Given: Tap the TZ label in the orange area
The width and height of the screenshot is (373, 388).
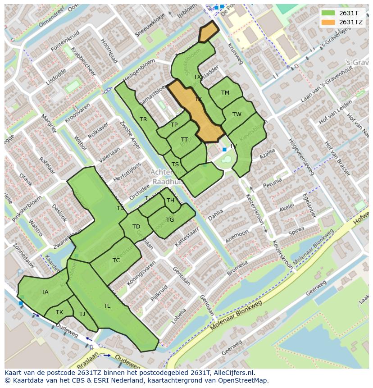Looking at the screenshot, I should tap(198, 99).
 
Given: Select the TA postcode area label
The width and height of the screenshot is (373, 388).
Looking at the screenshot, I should tap(45, 292).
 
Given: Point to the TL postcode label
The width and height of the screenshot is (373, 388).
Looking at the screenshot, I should tap(107, 306).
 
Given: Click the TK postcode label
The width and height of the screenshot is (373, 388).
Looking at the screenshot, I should tap(59, 312).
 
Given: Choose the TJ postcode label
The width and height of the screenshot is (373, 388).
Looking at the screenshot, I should tap(82, 314).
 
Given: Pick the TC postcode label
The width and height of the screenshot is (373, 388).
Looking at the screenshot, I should tap(116, 260).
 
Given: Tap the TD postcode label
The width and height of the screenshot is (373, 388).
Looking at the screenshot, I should tap(136, 227).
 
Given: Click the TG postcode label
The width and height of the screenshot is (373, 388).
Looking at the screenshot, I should tap(170, 220).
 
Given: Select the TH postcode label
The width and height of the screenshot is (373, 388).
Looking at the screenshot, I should tap(170, 201).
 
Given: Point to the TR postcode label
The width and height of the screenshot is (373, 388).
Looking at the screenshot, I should tap(143, 119).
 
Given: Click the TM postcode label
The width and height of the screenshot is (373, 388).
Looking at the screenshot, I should tap(225, 93).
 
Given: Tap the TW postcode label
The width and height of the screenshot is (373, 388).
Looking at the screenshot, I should tap(237, 114).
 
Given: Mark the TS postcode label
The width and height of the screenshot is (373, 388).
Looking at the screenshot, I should tap(175, 164).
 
